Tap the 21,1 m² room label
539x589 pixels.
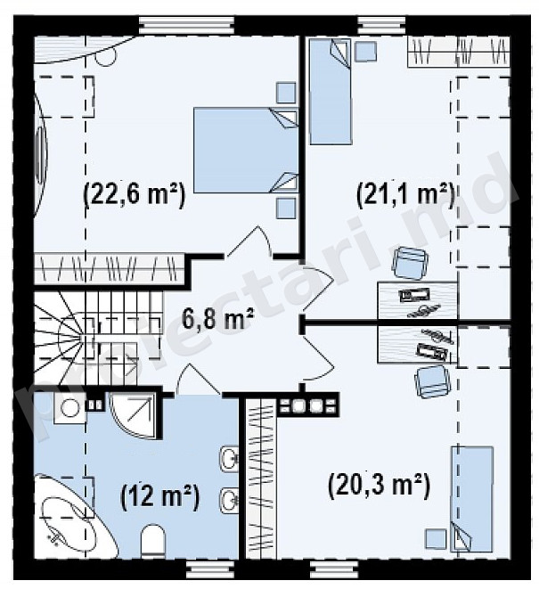pyautogui.click(x=405, y=194)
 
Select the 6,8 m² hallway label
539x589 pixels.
pyautogui.click(x=218, y=318)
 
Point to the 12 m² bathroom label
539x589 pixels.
pyautogui.click(x=160, y=496)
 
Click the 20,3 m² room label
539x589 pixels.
pyautogui.click(x=379, y=486)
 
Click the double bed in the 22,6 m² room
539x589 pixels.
pyautogui.click(x=246, y=151)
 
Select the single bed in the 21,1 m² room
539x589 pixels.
pyautogui.click(x=331, y=92)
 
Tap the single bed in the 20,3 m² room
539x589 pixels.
pyautogui.click(x=472, y=499)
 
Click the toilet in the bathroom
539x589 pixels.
pyautogui.click(x=153, y=541)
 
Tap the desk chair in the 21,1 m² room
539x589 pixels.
pyautogui.click(x=410, y=263)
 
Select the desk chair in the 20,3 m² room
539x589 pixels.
pyautogui.click(x=431, y=380)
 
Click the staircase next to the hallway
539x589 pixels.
pyautogui.click(x=99, y=338)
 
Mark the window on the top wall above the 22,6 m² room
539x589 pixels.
pyautogui.click(x=187, y=26)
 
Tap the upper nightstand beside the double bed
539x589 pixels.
pyautogui.click(x=286, y=93)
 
